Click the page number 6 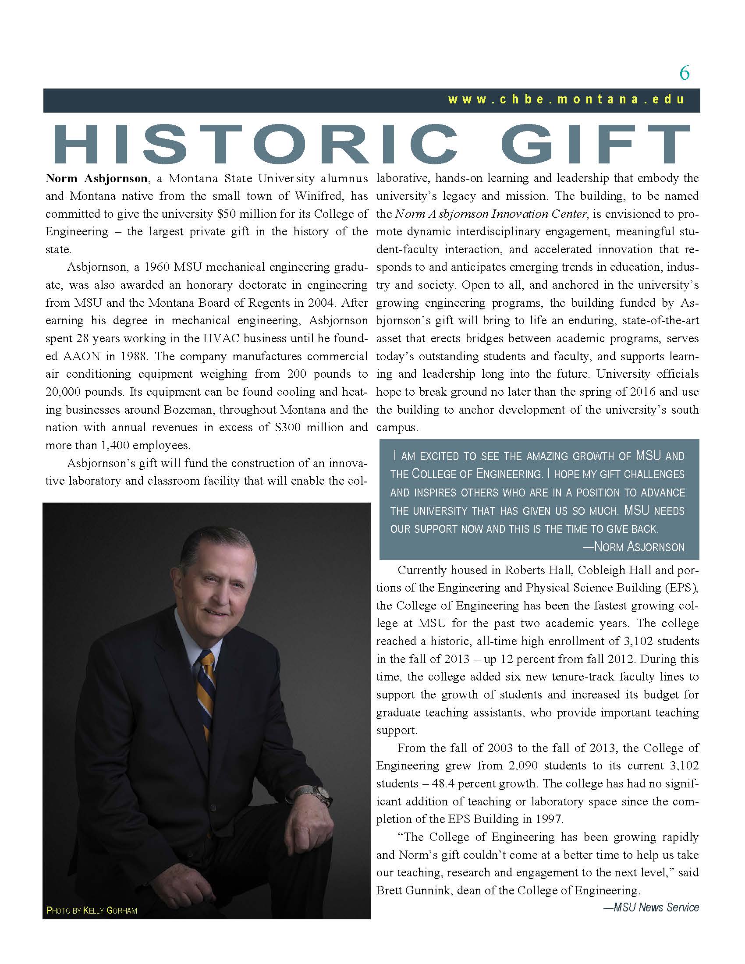tap(684, 73)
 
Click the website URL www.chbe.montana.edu tap(566, 99)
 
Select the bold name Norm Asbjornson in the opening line tap(97, 179)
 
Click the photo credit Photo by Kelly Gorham tap(92, 911)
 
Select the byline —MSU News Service tap(651, 907)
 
